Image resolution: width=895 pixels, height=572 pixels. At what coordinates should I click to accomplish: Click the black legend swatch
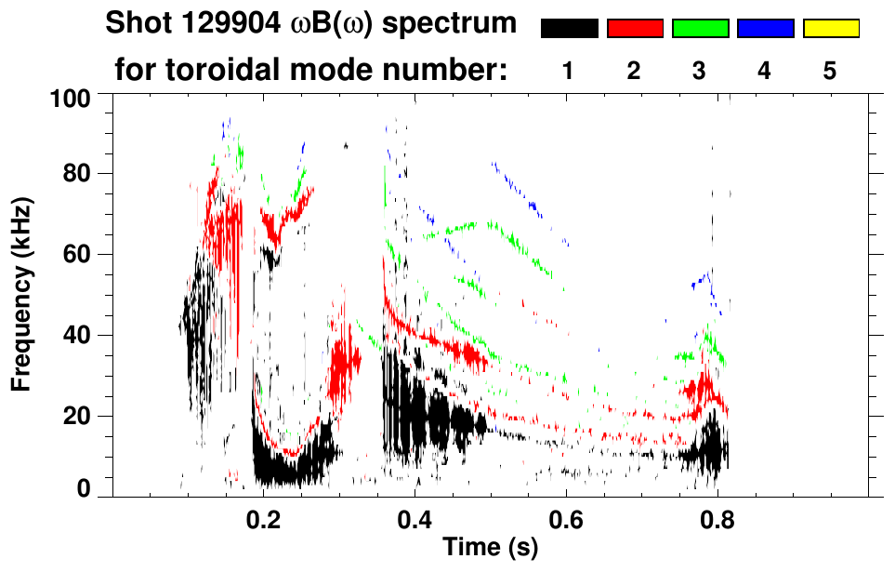tap(569, 29)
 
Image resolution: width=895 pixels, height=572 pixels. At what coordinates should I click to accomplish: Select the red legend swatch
tap(635, 29)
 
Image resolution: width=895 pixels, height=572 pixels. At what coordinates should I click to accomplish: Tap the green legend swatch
tap(700, 29)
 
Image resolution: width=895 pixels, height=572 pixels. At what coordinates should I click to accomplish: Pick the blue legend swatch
tap(765, 29)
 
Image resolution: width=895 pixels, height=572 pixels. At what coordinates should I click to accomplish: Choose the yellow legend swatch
tap(831, 29)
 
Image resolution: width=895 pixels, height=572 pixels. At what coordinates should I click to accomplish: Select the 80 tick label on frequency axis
tap(77, 174)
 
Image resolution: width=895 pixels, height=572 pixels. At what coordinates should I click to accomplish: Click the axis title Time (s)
tap(489, 549)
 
